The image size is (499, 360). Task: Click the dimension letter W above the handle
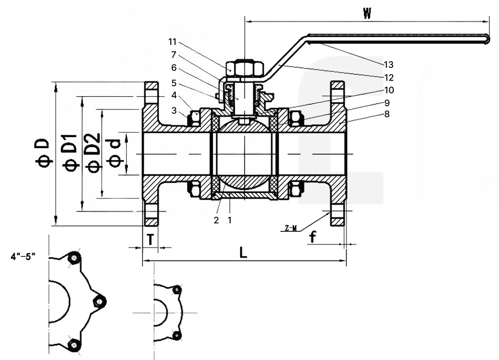click(367, 13)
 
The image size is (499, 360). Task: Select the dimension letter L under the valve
click(243, 252)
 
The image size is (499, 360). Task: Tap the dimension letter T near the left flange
click(150, 239)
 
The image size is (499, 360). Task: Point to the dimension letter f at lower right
click(312, 237)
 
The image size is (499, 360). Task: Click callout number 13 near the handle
click(389, 64)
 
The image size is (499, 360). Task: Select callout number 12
click(389, 77)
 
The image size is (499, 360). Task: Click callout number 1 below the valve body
click(230, 219)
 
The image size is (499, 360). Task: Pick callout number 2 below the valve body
click(217, 219)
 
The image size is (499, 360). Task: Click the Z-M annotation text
click(291, 228)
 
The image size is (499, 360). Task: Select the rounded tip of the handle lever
click(487, 39)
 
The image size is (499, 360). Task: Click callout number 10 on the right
click(389, 90)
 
